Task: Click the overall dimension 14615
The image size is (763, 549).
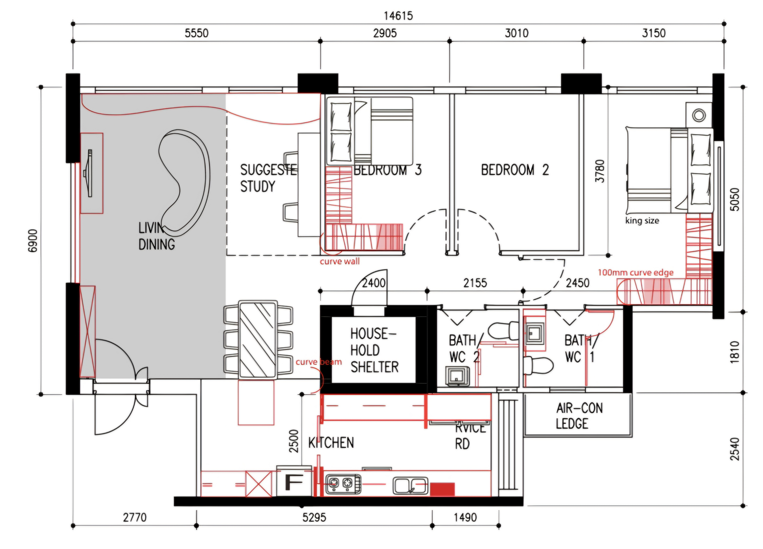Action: pyautogui.click(x=398, y=16)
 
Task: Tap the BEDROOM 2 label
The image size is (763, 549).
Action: pyautogui.click(x=515, y=170)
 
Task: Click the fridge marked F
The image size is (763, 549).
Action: pyautogui.click(x=294, y=483)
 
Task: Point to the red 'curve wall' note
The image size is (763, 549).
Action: pyautogui.click(x=339, y=261)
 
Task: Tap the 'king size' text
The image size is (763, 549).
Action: pyautogui.click(x=642, y=221)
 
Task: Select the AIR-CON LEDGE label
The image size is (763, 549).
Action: pyautogui.click(x=579, y=416)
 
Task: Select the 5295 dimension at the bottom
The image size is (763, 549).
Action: pyautogui.click(x=314, y=517)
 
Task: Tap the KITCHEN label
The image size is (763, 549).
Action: pyautogui.click(x=331, y=443)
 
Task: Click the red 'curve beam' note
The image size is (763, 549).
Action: pyautogui.click(x=318, y=362)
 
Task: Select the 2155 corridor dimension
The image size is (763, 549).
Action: pyautogui.click(x=475, y=283)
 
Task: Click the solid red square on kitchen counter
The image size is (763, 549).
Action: pyautogui.click(x=442, y=489)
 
